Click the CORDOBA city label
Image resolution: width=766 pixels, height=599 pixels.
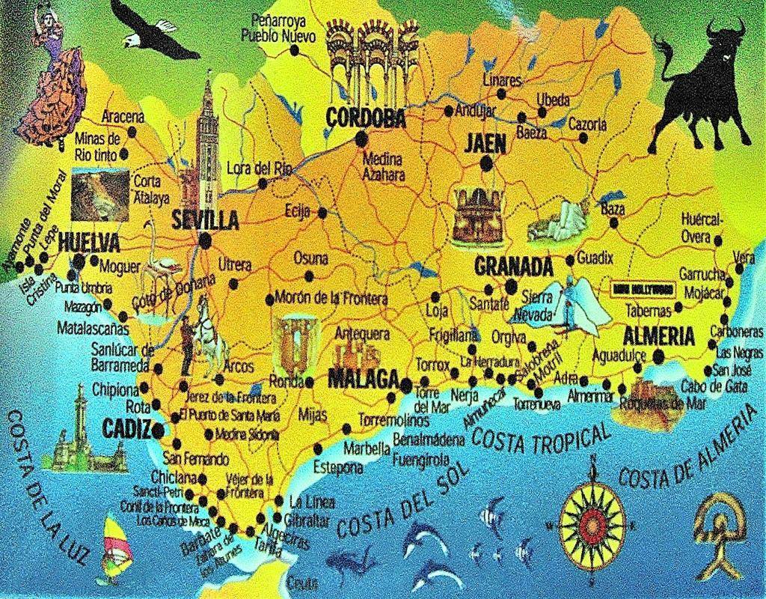366,118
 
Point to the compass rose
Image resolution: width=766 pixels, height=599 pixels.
592,520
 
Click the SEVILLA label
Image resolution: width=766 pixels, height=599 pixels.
205,220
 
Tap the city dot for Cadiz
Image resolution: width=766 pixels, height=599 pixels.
157,431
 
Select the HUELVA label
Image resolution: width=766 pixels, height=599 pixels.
88,242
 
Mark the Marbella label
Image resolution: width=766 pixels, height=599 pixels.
367,449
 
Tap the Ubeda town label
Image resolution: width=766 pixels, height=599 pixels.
554,100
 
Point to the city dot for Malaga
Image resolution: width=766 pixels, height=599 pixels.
405,386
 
